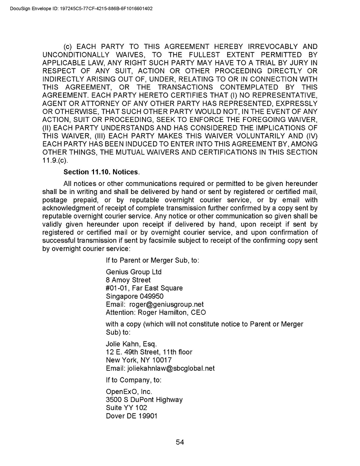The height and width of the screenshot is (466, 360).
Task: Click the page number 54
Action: [180, 441]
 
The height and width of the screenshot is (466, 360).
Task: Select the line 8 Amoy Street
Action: [128, 280]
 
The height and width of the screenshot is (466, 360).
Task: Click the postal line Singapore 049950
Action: [134, 296]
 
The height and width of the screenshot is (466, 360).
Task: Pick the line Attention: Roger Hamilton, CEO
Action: [156, 312]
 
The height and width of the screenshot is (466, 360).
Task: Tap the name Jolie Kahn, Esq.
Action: [131, 344]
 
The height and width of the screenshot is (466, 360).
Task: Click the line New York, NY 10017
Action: [138, 360]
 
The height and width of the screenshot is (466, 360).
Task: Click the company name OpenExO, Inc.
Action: [129, 391]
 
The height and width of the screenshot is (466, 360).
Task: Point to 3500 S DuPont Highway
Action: [144, 399]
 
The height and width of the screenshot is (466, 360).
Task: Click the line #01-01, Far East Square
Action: [144, 288]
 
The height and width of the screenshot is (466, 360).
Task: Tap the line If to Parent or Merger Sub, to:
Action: [153, 260]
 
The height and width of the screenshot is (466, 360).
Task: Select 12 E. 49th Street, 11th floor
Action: [149, 352]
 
